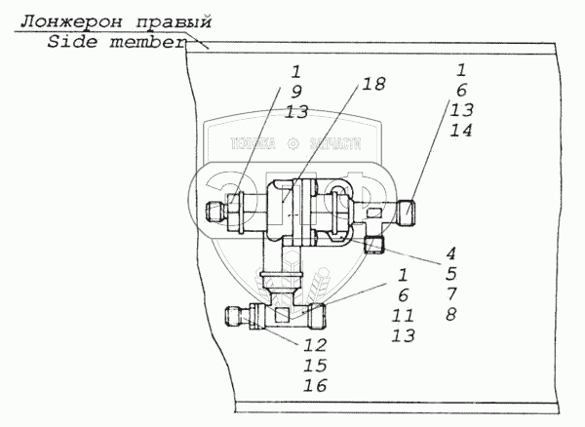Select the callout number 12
[314, 345]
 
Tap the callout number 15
[314, 366]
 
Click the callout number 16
[314, 386]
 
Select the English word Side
[70, 45]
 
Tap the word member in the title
[148, 45]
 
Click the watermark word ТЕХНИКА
[253, 142]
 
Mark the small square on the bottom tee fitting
[282, 315]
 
